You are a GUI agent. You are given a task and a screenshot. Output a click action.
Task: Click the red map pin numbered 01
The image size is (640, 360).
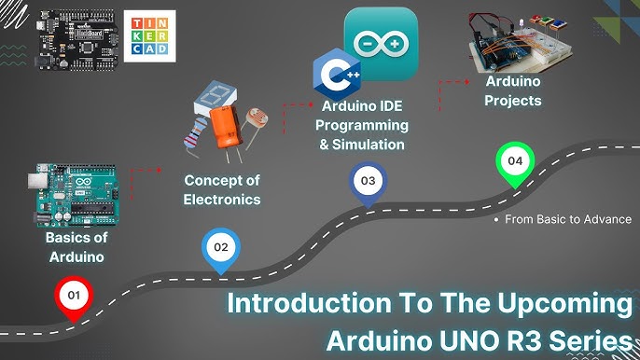[x=72, y=298]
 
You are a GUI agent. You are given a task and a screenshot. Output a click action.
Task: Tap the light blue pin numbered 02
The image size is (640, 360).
[x=220, y=249]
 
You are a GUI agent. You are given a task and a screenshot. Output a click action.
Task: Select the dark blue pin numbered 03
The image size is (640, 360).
[x=368, y=180]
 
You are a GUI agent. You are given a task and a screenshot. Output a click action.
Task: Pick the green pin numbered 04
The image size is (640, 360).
[x=514, y=162]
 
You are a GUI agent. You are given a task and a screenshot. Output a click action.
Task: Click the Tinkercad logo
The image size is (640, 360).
[x=149, y=35]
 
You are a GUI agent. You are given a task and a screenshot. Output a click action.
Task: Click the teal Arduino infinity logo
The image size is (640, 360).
[x=381, y=43]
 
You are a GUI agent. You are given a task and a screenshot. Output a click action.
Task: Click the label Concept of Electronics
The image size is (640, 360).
[x=222, y=189]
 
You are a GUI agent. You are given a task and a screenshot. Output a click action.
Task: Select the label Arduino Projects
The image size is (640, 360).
[x=513, y=90]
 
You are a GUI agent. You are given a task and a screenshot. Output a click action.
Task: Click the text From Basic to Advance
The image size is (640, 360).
[x=567, y=220]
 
